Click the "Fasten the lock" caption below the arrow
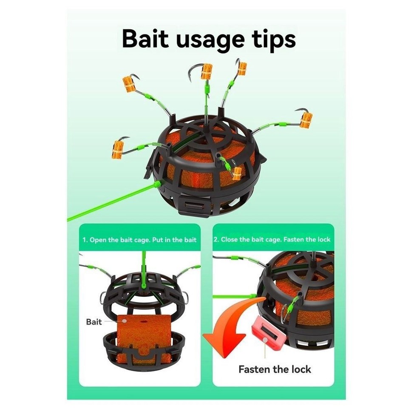(x=275, y=369)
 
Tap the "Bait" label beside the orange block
(x=94, y=322)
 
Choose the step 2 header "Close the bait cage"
(x=272, y=239)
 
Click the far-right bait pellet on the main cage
(x=306, y=119)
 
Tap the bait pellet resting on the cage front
(x=237, y=173)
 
